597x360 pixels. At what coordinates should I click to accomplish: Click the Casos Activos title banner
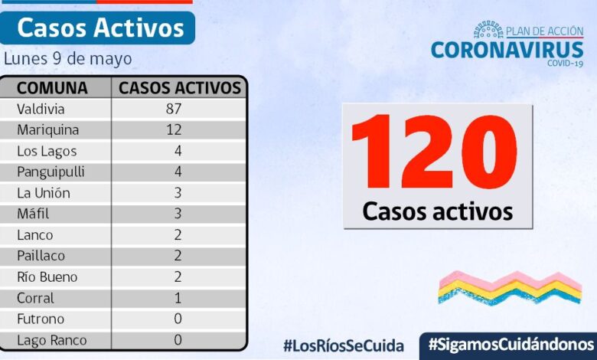100,28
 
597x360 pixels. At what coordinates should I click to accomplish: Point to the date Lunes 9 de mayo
67,59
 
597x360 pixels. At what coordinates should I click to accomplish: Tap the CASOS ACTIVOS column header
180,87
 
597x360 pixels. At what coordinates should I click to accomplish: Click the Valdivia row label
41,109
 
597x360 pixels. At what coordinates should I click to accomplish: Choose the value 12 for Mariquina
174,129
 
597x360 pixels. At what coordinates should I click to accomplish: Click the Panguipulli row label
51,172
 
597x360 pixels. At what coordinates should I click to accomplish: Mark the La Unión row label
44,192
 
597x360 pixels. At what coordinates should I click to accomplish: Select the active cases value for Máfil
176,214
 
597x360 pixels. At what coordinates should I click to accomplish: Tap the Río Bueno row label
47,277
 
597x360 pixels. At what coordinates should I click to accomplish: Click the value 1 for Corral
178,298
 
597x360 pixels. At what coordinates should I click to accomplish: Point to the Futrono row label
41,319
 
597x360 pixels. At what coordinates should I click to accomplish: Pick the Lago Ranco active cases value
178,340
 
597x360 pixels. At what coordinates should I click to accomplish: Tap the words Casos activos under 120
437,211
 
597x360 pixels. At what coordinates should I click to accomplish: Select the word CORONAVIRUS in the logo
507,50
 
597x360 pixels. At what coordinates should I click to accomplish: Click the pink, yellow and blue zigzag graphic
509,287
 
